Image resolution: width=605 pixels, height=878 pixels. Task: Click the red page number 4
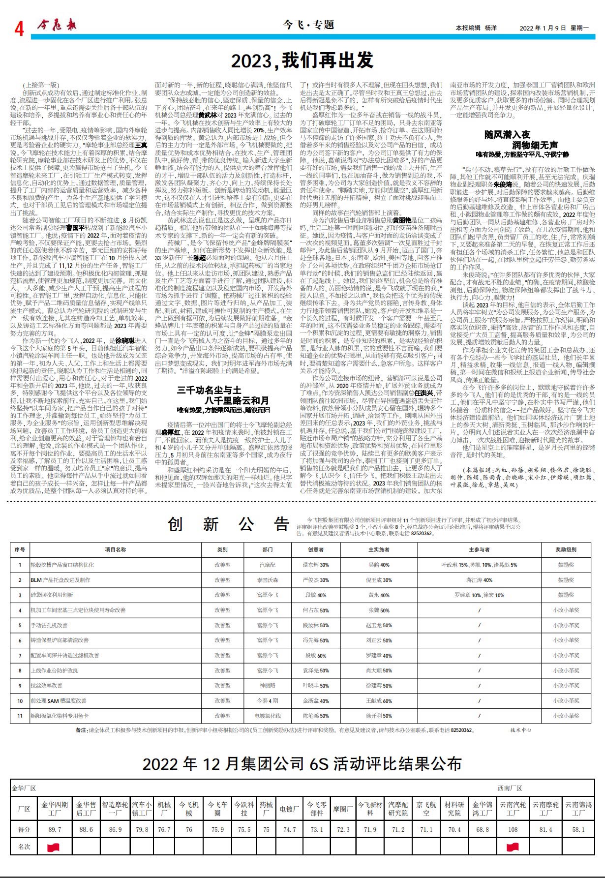point(19,29)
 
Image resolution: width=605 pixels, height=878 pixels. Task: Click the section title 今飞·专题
point(309,25)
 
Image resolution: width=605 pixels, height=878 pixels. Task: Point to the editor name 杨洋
point(490,28)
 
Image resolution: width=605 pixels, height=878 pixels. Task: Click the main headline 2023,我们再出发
point(302,61)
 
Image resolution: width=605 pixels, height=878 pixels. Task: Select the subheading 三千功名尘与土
point(209,391)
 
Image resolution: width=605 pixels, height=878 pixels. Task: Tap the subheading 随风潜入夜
point(507,134)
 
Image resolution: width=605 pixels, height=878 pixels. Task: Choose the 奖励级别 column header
point(566,549)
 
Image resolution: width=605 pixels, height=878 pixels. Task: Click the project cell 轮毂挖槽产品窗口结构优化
point(62,565)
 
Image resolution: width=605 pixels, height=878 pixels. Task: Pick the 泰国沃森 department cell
point(267,580)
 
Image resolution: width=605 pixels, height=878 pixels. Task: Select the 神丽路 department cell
point(267,685)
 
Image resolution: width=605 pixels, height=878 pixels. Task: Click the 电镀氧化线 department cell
point(267,716)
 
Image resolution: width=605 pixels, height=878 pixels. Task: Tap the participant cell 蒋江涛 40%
point(479,580)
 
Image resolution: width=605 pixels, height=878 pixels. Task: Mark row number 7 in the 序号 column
point(20,655)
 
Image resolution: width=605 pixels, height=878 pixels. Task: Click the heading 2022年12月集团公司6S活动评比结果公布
point(302,764)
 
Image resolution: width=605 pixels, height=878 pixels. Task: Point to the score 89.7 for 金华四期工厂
point(55,829)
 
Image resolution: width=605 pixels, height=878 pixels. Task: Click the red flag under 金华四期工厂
point(53,847)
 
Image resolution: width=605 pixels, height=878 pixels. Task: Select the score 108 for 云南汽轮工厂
point(513,829)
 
